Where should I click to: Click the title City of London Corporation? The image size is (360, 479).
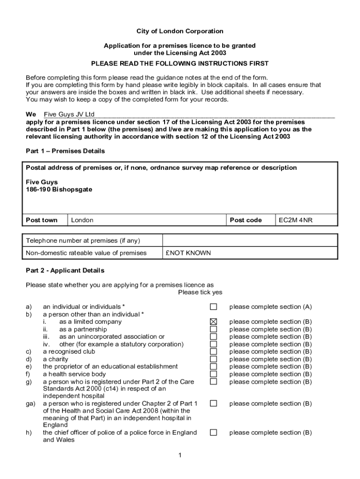tap(180, 31)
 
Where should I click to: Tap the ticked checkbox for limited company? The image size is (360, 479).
tap(213, 322)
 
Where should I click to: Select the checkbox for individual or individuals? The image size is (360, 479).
tap(213, 307)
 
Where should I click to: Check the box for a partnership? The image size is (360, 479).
tap(213, 329)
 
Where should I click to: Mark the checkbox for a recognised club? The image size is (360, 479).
tap(213, 352)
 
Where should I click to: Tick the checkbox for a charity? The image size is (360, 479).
tap(213, 359)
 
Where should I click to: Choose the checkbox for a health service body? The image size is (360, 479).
tap(213, 374)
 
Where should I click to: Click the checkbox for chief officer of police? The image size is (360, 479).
tap(213, 433)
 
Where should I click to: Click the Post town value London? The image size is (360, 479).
tap(82, 220)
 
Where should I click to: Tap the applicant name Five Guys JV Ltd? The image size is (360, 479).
tap(69, 115)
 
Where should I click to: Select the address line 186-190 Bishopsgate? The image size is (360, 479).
tap(59, 189)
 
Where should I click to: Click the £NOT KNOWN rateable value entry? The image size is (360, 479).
tap(188, 253)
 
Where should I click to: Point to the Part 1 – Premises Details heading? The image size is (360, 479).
tap(65, 151)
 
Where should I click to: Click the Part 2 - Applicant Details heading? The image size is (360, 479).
tap(65, 270)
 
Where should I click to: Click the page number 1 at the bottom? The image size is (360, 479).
tap(180, 456)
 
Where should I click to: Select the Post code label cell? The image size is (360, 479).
tap(245, 220)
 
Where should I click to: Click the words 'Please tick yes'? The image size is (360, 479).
tap(200, 292)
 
